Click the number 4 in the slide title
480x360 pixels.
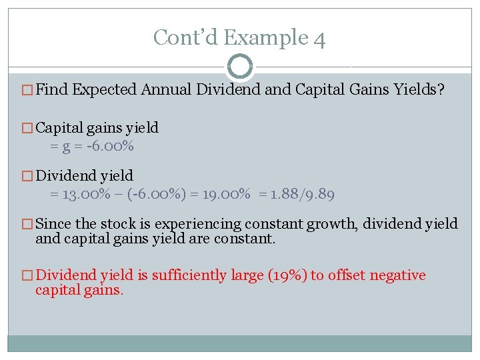[319, 38]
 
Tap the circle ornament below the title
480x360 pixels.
[240, 67]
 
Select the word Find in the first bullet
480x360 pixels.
[52, 90]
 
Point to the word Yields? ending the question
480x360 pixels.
[419, 90]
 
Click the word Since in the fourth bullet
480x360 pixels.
[53, 225]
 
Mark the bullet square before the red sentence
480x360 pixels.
[27, 276]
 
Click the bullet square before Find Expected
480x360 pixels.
[27, 90]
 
